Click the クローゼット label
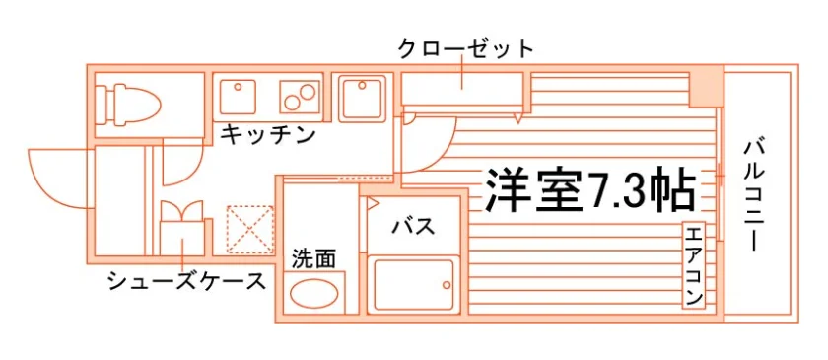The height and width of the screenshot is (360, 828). (465, 49)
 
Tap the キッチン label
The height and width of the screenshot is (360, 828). (268, 135)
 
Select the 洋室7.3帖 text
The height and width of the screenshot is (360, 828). (588, 190)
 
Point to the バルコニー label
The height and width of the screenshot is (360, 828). (752, 195)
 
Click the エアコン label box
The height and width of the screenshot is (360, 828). (694, 266)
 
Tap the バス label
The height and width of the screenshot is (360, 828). (413, 227)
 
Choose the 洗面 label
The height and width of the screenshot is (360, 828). (313, 259)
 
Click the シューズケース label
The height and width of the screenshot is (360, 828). (186, 281)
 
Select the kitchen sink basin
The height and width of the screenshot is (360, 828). (238, 97)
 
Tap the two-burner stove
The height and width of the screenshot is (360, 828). (300, 97)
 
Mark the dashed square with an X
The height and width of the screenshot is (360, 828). (249, 230)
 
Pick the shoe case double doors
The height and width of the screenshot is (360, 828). (181, 211)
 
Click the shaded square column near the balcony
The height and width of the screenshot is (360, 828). (706, 86)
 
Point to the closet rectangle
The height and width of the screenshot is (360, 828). (462, 89)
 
